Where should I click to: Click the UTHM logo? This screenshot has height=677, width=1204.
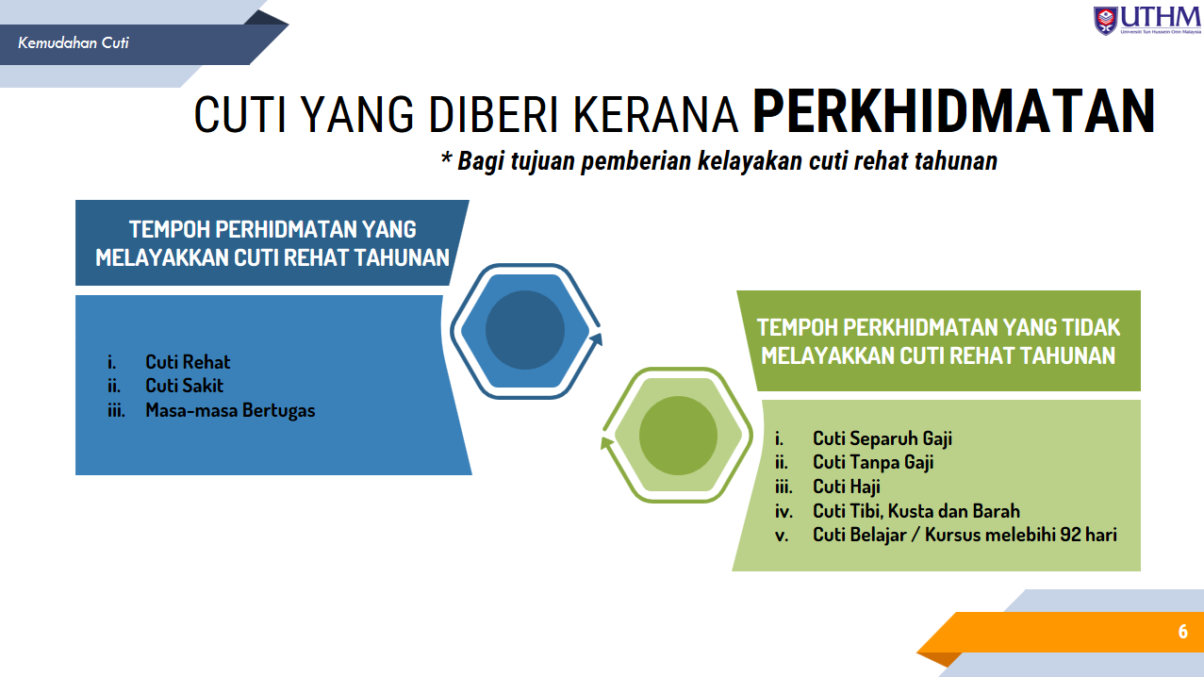pos(1146,21)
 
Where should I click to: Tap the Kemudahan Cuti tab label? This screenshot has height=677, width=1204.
pos(74,43)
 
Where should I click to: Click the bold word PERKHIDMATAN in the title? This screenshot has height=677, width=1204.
pos(953,112)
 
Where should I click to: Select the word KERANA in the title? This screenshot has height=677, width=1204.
pos(656,114)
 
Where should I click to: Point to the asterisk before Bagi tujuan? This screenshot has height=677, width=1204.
pos(446,158)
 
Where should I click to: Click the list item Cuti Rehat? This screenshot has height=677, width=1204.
pos(188,362)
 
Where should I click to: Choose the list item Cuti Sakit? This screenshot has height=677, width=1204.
pos(185,386)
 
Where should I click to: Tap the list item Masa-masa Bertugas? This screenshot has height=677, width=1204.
pos(230,410)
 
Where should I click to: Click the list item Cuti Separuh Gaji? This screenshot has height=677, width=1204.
pos(882,438)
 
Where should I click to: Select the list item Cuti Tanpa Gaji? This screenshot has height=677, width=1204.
pos(873,462)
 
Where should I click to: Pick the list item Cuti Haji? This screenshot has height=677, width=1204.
pos(846,487)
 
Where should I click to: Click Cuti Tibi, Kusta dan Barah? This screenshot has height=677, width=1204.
pos(915,511)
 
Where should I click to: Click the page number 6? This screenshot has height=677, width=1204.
pos(1182,632)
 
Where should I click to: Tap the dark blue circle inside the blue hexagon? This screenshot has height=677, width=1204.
pos(524,330)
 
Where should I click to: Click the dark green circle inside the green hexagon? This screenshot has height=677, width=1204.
pos(678,436)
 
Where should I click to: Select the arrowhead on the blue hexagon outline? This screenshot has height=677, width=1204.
pos(596,339)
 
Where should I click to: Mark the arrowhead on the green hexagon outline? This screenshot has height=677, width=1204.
pos(607,443)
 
